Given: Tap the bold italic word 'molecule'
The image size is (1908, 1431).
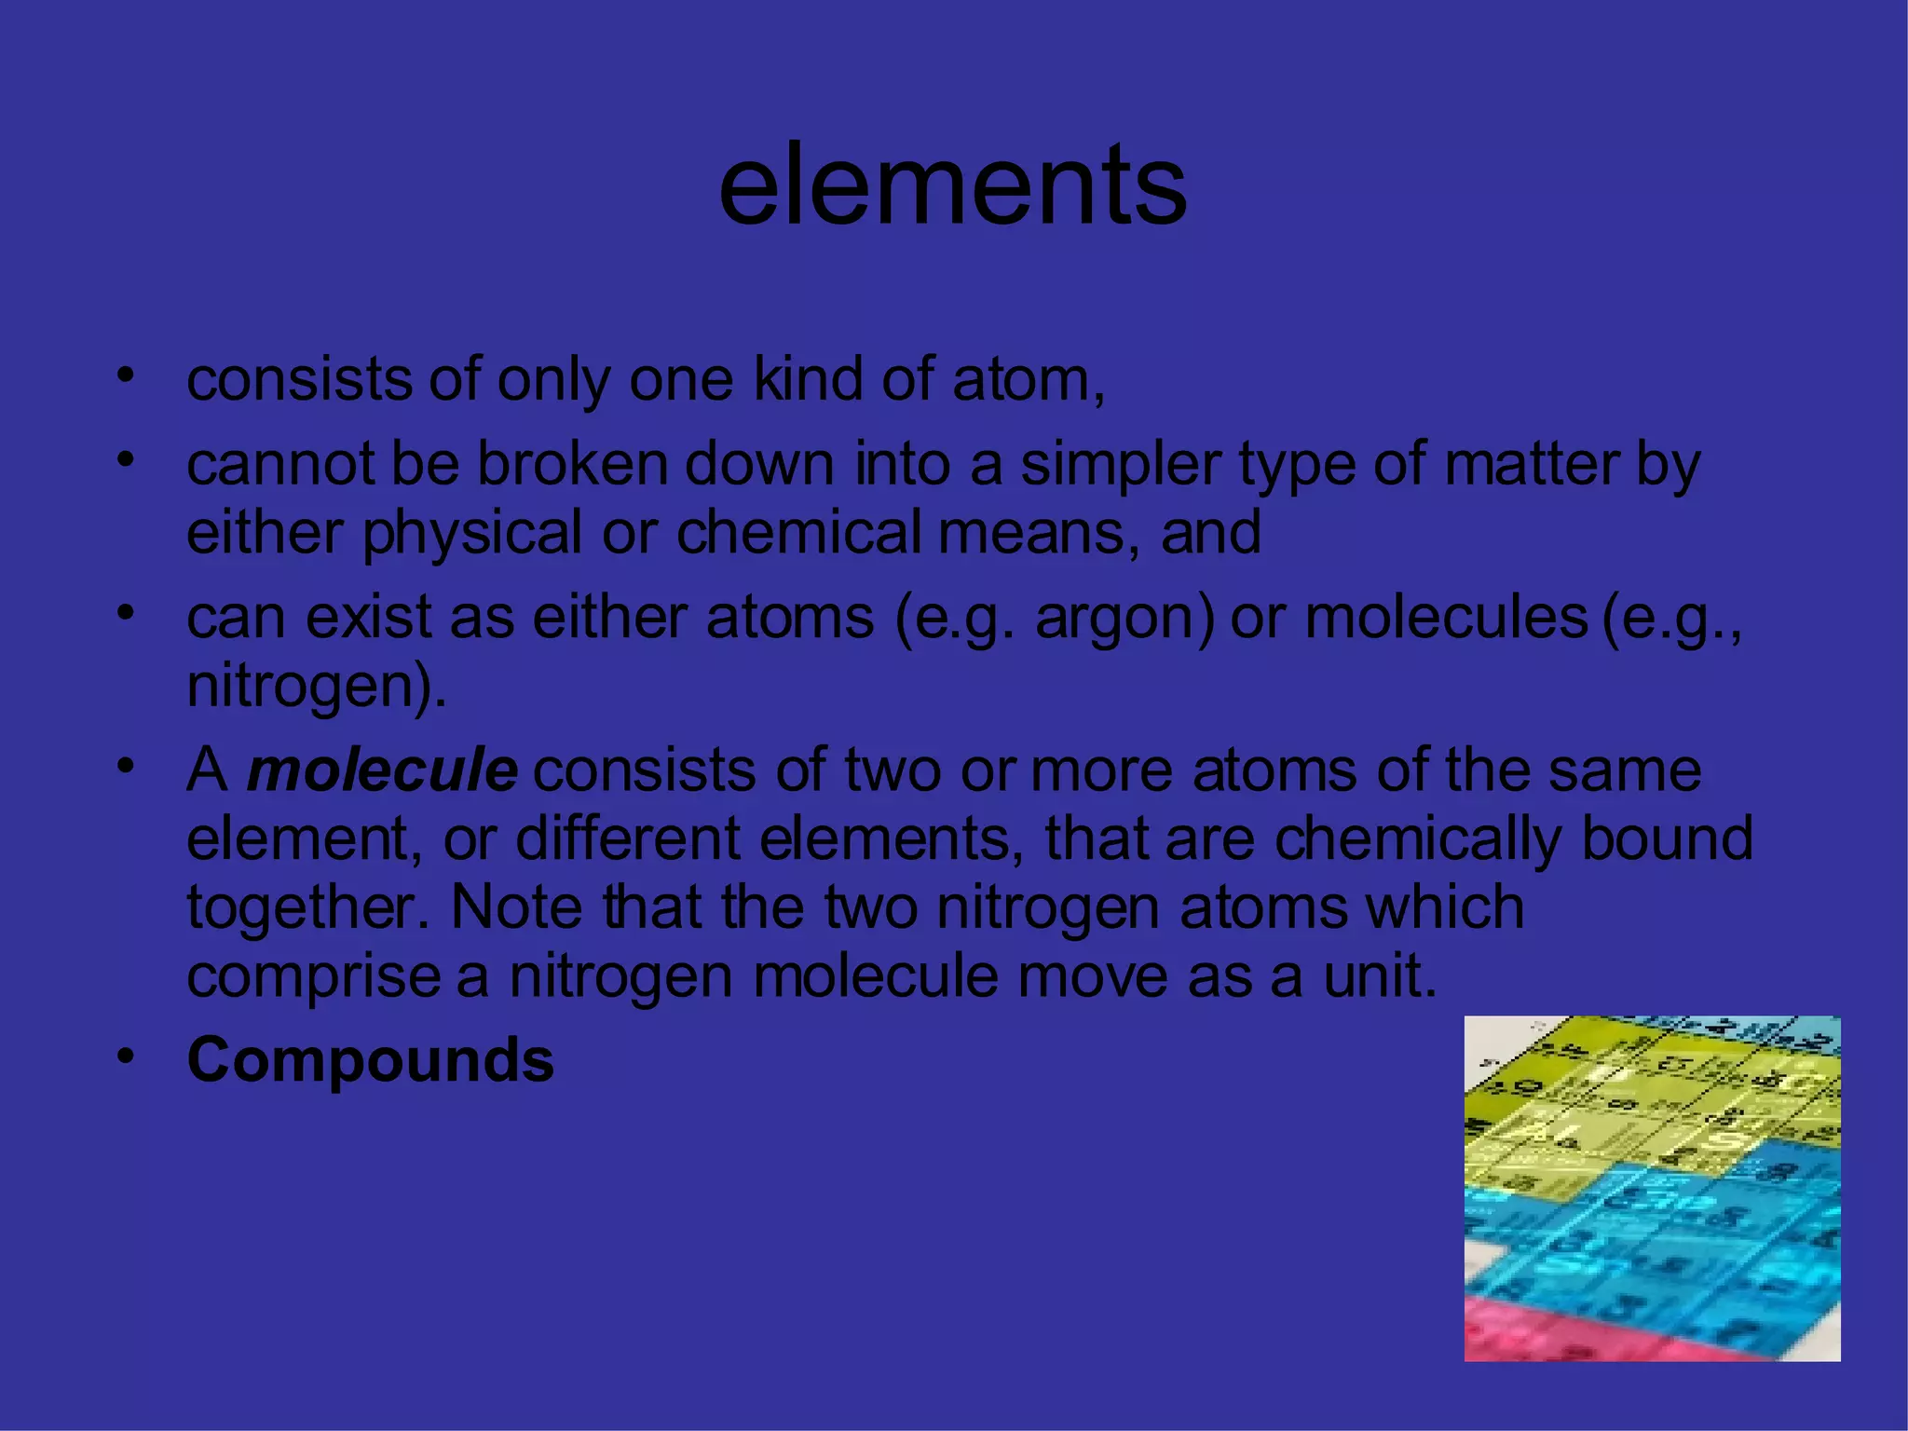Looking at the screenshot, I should tap(382, 770).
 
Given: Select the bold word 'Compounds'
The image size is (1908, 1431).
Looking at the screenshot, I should tap(371, 1060).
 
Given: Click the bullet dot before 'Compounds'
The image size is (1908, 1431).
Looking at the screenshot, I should tap(127, 1057).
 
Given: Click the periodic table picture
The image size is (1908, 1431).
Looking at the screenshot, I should tap(1652, 1188).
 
